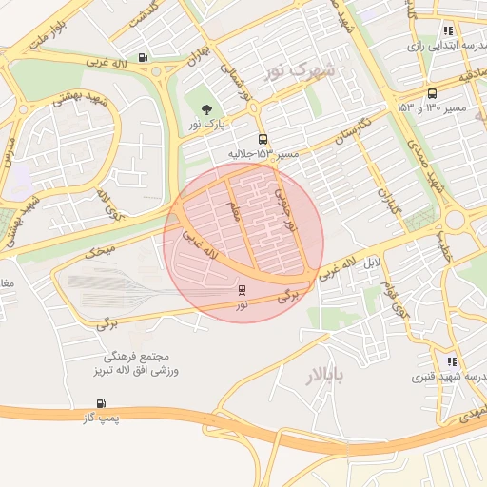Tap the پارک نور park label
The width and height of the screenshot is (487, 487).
[206, 126]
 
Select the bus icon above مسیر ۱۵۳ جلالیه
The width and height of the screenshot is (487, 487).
[263, 139]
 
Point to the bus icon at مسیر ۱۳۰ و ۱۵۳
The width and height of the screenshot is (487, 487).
[433, 93]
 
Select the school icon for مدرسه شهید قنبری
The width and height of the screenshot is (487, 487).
[451, 361]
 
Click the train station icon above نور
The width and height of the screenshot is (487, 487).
[242, 290]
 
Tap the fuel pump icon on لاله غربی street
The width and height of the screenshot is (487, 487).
[143, 56]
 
